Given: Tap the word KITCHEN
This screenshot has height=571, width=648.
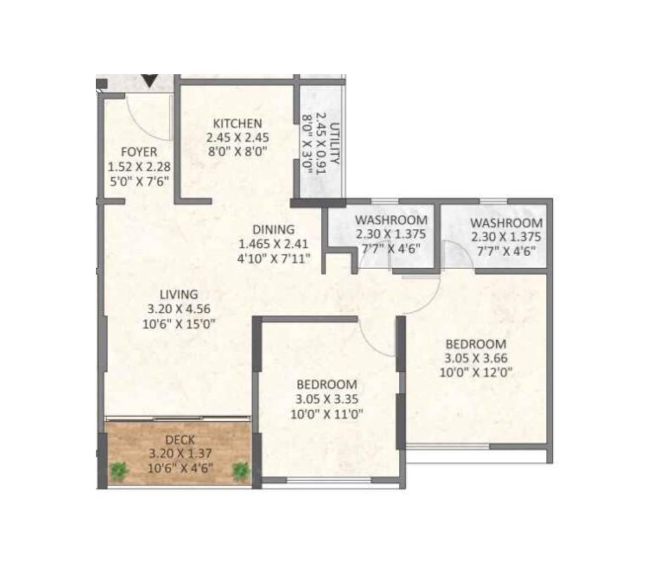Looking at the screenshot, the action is pos(237,123).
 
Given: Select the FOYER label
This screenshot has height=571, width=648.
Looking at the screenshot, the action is pos(139,152).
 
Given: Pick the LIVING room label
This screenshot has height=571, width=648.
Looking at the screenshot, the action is pos(179,294).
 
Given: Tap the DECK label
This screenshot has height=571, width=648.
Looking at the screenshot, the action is pos(180,440).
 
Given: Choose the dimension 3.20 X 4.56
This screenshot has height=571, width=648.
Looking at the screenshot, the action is pos(179,309).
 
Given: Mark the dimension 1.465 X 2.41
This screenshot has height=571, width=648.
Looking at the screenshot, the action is pos(273,244).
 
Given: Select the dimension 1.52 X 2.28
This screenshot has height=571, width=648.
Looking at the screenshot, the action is pos(140,166).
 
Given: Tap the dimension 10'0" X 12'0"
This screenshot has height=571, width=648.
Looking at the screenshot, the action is pos(476,372).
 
